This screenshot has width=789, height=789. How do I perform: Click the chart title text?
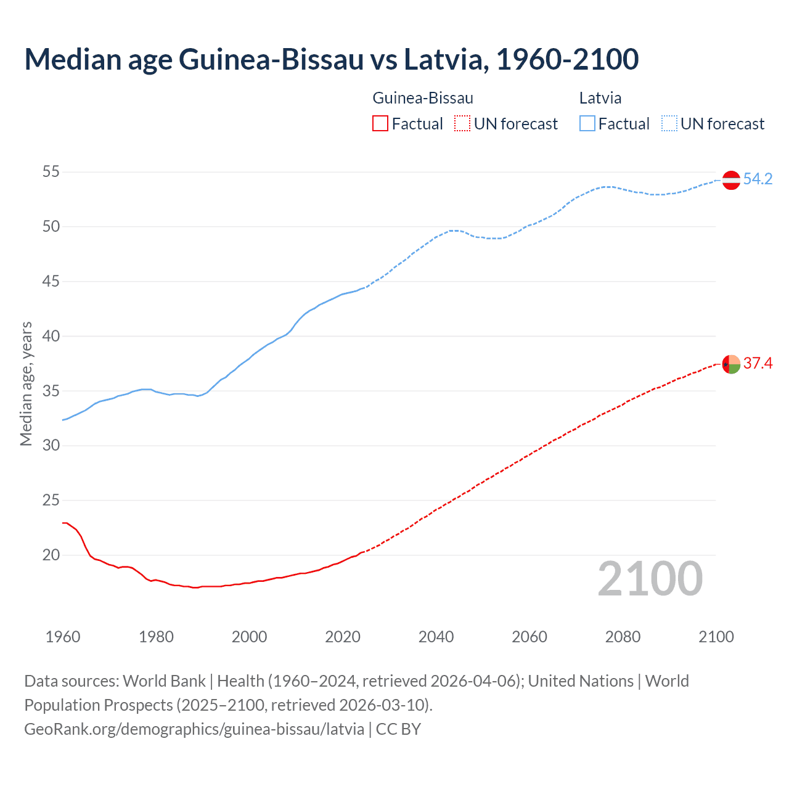tap(331, 59)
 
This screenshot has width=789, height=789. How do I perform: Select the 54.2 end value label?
tap(758, 179)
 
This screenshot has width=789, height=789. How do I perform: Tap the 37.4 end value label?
tap(758, 364)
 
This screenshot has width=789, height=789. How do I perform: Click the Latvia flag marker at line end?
tap(731, 180)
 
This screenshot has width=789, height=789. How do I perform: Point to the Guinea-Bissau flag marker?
tap(731, 364)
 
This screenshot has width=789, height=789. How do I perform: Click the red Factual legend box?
tap(380, 124)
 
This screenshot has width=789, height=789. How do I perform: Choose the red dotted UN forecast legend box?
tap(462, 124)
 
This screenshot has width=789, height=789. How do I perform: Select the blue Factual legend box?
tap(587, 124)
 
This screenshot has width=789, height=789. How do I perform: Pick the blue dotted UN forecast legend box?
tap(669, 124)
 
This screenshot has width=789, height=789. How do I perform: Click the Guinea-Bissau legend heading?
tap(423, 98)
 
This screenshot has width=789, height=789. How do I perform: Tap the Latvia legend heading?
tap(600, 98)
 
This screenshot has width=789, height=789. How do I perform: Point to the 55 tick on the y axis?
tap(51, 172)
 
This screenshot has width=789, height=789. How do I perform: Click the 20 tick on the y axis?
tap(51, 555)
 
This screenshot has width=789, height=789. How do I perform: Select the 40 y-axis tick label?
tap(51, 337)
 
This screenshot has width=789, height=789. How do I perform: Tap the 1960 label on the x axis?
tap(63, 637)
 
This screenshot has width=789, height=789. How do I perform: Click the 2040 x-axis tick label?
tap(436, 637)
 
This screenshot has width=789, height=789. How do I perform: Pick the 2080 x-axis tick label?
tap(623, 637)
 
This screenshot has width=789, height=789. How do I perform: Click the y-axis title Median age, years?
tap(26, 383)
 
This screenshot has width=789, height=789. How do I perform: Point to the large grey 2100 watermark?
tap(650, 579)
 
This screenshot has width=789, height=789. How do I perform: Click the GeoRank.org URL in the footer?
tap(194, 729)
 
